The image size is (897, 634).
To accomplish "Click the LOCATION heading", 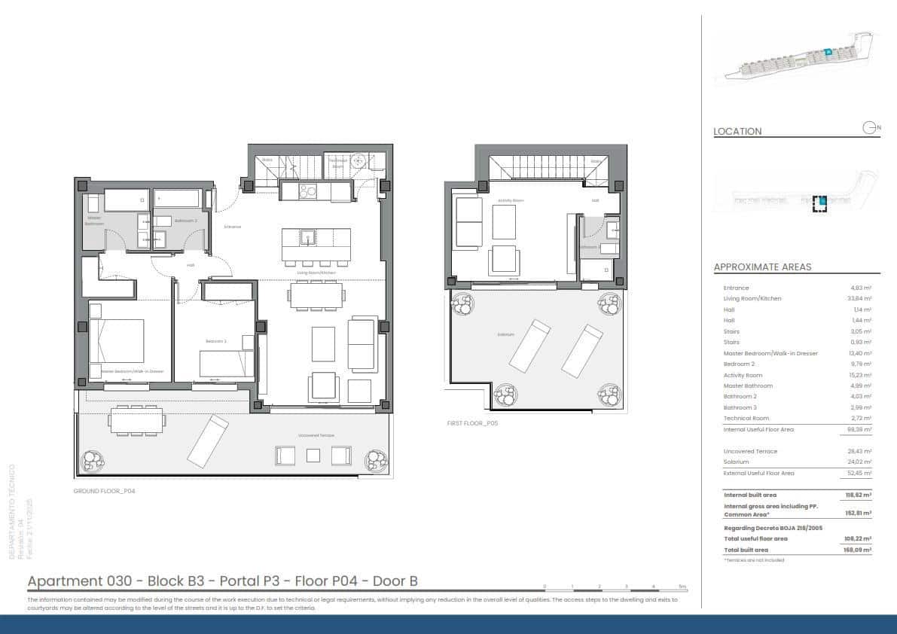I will point(737,131).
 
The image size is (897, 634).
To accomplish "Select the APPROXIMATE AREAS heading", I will point(762,267).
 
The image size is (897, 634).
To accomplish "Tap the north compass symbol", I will point(871,128).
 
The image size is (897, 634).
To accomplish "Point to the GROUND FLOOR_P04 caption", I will point(103,490).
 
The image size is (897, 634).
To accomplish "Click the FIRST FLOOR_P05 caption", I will point(472,423).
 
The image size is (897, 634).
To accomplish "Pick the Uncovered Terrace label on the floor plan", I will point(316,436).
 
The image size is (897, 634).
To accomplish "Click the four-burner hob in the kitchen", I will point(308,191).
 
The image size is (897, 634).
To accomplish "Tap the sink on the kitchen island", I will point(307,238).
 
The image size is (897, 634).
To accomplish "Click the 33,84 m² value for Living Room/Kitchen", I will point(860,298).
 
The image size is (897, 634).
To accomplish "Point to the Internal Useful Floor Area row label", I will point(758,429).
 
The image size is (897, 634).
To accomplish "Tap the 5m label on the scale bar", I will point(682,586).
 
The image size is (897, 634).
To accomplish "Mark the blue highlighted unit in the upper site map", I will point(827,52).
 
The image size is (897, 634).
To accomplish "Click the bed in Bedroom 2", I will point(227,364).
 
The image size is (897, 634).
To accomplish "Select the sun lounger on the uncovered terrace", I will point(208,441).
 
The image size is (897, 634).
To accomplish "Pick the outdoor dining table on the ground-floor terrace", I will point(136,420).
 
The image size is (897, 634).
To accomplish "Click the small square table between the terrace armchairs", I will point(313,456).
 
